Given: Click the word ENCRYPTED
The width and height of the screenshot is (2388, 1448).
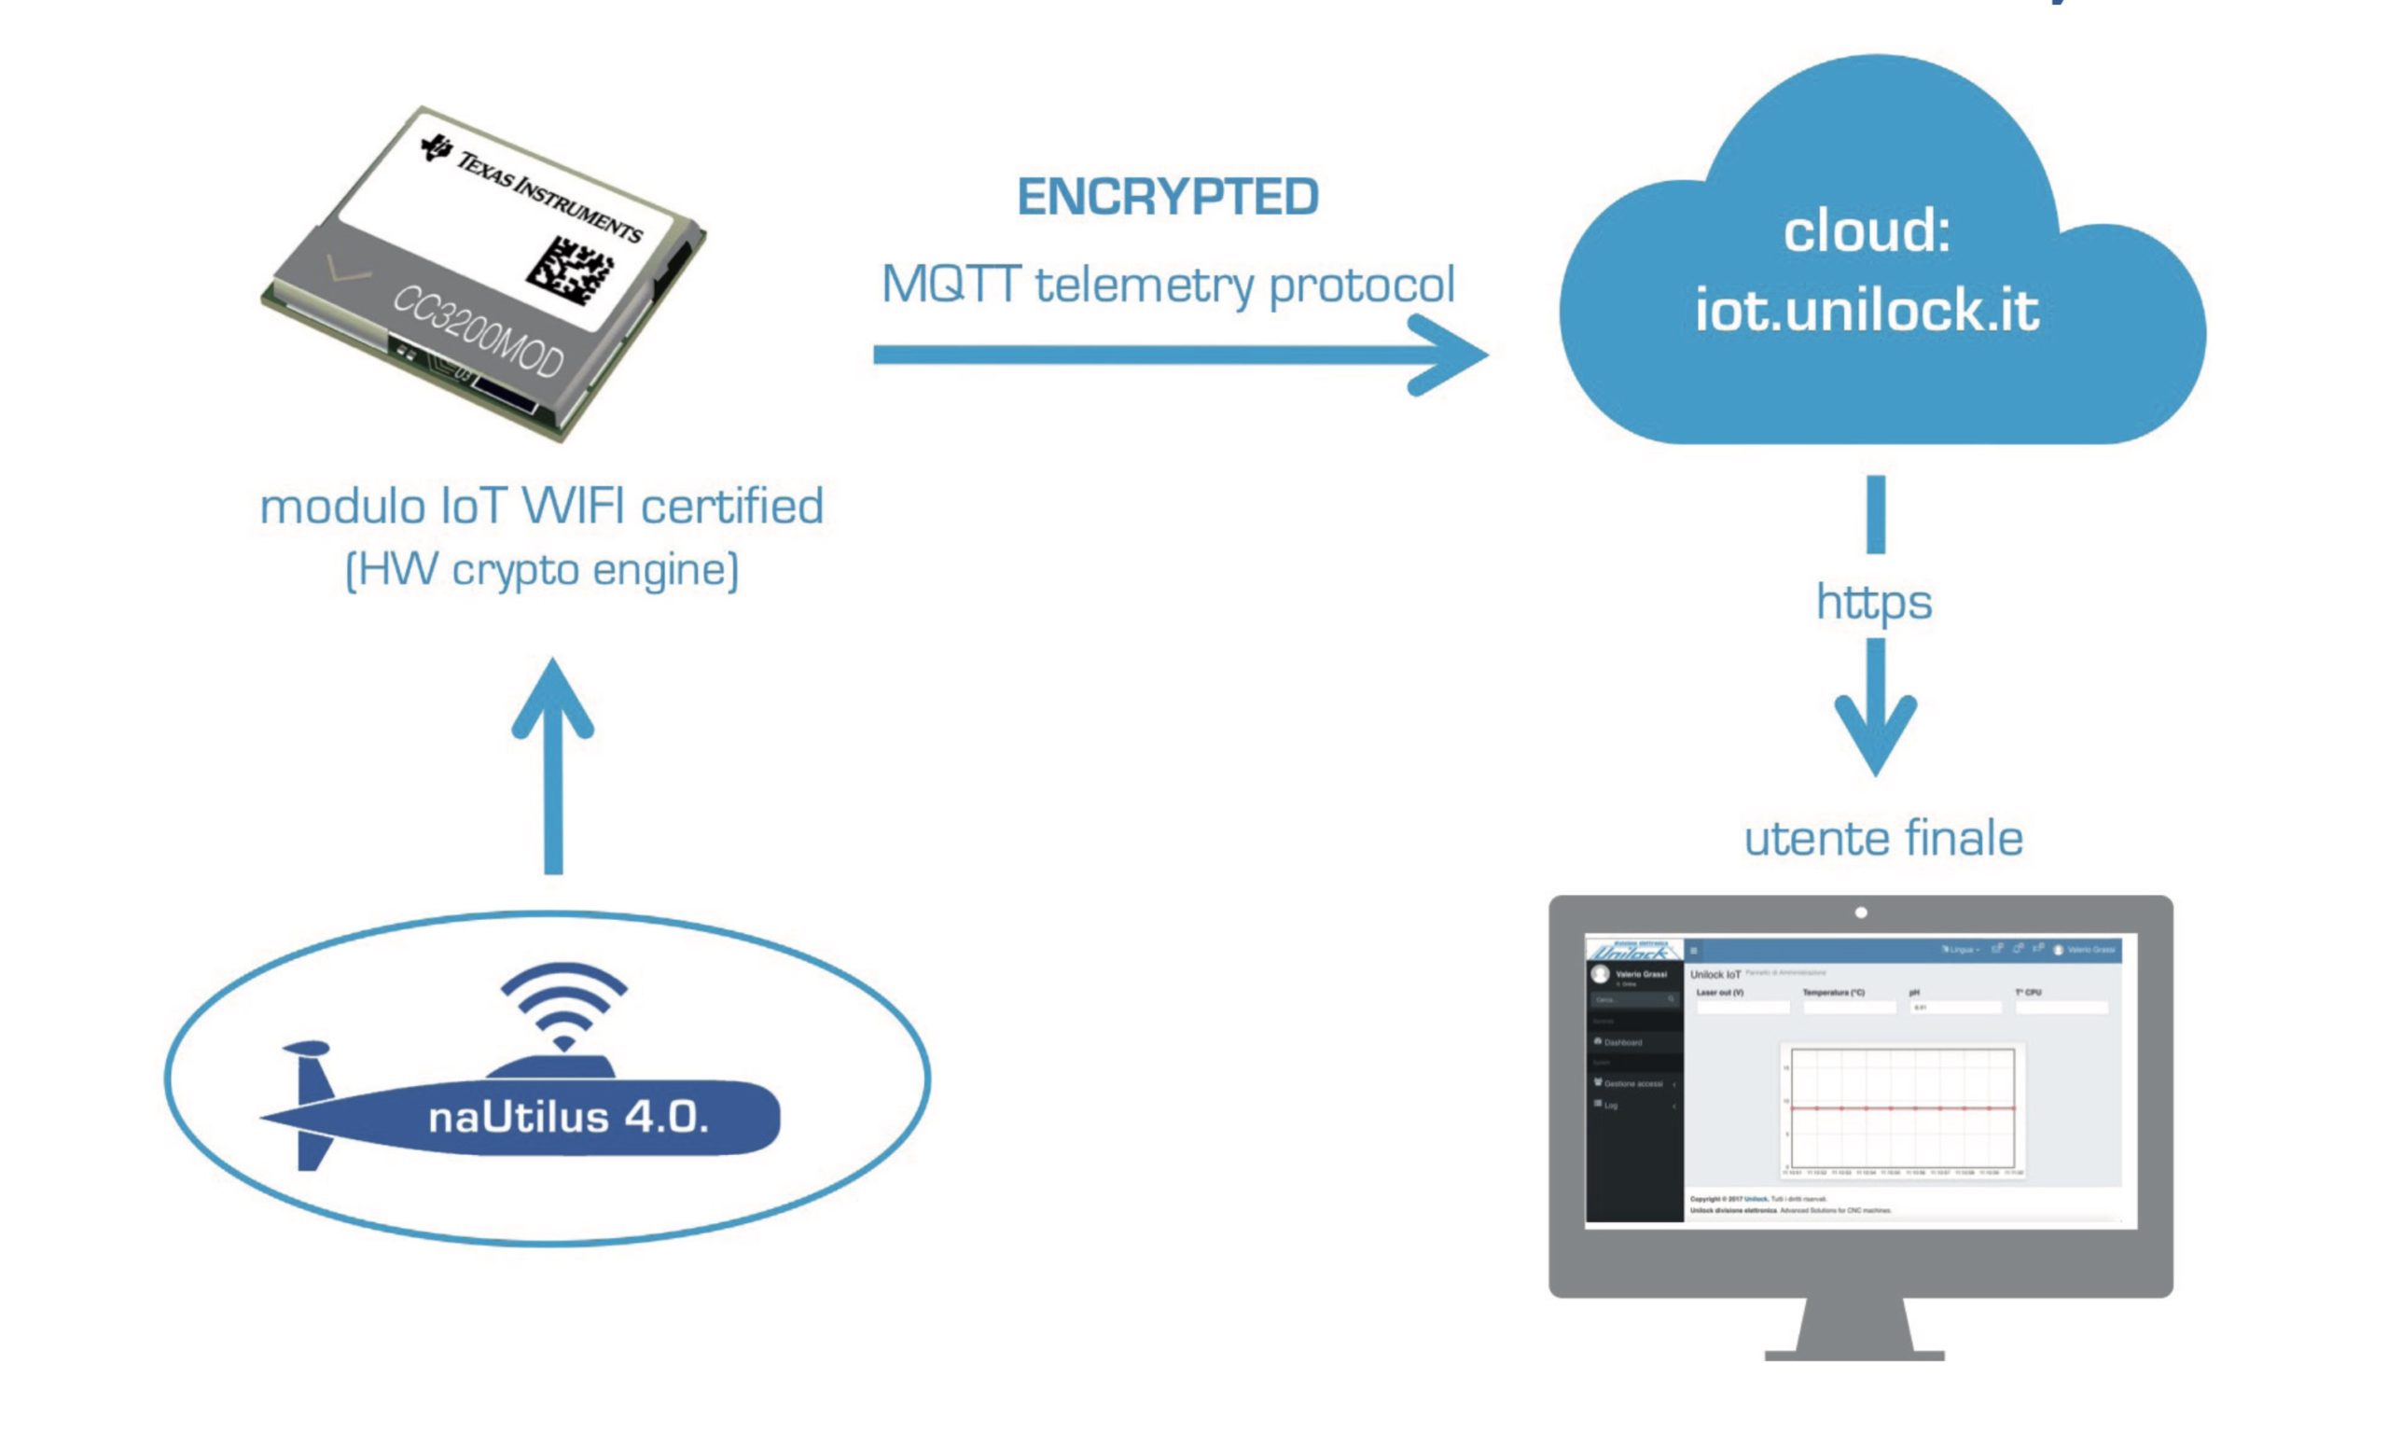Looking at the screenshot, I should (1167, 197).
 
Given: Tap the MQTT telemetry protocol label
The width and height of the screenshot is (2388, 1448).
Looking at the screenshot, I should (1167, 285).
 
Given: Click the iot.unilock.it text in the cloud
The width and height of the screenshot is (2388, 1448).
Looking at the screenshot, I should (1867, 310).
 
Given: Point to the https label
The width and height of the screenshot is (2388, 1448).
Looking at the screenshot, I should (1873, 602).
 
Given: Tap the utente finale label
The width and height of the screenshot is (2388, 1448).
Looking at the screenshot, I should (1883, 839).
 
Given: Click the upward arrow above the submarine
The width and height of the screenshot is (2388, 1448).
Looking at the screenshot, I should (553, 766).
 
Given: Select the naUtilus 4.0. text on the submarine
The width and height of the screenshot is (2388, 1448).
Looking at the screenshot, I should (569, 1118).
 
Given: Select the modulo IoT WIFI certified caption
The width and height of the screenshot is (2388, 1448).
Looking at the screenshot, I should (542, 506).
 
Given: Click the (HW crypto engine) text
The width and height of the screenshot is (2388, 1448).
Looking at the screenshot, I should (542, 569).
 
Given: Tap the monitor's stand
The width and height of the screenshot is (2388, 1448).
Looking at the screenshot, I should (1854, 1328).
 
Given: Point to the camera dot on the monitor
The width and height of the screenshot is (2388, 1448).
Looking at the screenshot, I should (1861, 912).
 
